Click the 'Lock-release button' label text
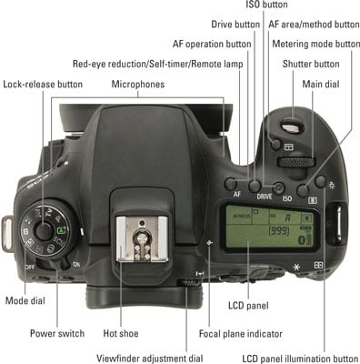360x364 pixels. [x=43, y=85]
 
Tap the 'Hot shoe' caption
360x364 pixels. [x=121, y=333]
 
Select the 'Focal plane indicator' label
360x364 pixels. [x=241, y=334]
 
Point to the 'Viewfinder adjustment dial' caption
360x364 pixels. [x=149, y=359]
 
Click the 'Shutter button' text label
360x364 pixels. [x=311, y=64]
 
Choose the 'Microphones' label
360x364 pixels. [x=138, y=84]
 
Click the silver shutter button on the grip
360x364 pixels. [x=293, y=126]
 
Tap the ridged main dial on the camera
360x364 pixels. [x=296, y=162]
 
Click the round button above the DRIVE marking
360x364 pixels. [x=255, y=186]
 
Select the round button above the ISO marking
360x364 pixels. [x=279, y=188]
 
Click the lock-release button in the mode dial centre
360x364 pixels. [x=45, y=230]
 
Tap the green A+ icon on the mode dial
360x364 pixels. [x=62, y=230]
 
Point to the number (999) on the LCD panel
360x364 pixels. [x=279, y=231]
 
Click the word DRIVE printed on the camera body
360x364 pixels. [x=265, y=197]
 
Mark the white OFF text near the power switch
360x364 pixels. [x=30, y=268]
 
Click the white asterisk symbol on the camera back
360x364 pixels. [x=296, y=268]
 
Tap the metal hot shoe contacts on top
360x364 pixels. [x=142, y=239]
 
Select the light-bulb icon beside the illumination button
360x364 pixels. [x=332, y=185]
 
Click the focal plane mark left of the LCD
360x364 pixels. [x=209, y=243]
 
